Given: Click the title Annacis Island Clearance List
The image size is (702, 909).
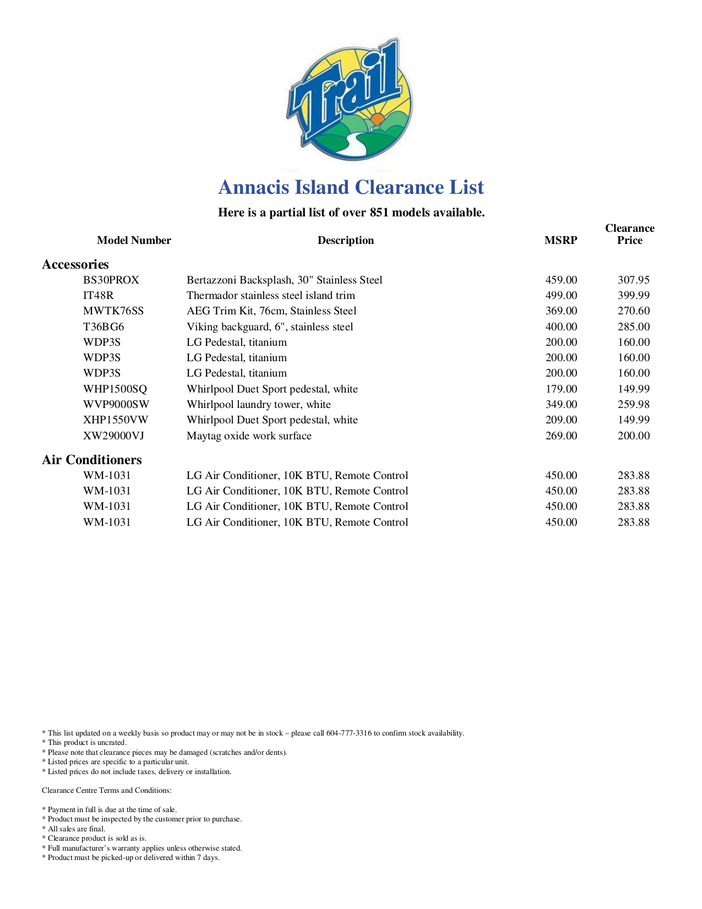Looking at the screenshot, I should (x=351, y=187).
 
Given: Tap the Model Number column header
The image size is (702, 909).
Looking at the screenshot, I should (x=134, y=240).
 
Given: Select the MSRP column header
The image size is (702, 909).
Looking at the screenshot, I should (x=560, y=240).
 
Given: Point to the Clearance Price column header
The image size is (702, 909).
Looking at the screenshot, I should (x=629, y=234).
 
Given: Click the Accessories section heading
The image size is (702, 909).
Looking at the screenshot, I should (x=75, y=264).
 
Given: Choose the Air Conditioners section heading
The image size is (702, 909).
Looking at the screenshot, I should (x=92, y=460).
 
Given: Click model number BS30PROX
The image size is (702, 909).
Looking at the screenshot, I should (x=111, y=280).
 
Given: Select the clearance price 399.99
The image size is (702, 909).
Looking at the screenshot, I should (x=633, y=295).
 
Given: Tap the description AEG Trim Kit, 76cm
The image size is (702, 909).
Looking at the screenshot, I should (x=271, y=311).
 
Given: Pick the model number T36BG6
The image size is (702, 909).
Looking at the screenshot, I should (x=104, y=326).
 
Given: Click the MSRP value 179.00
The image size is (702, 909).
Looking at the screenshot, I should (x=561, y=389).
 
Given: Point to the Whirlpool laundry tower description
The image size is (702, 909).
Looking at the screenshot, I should (x=259, y=404).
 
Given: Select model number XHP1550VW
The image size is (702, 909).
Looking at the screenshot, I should (x=116, y=420).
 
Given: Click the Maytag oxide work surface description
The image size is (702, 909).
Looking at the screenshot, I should (x=249, y=436).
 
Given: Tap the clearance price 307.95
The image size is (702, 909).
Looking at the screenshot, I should (x=633, y=280).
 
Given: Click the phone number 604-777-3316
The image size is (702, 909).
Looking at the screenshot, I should (x=349, y=733).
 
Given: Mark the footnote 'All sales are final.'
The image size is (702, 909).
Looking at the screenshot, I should (x=77, y=829).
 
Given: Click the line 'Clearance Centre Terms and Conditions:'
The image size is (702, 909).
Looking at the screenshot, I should (x=107, y=790).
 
